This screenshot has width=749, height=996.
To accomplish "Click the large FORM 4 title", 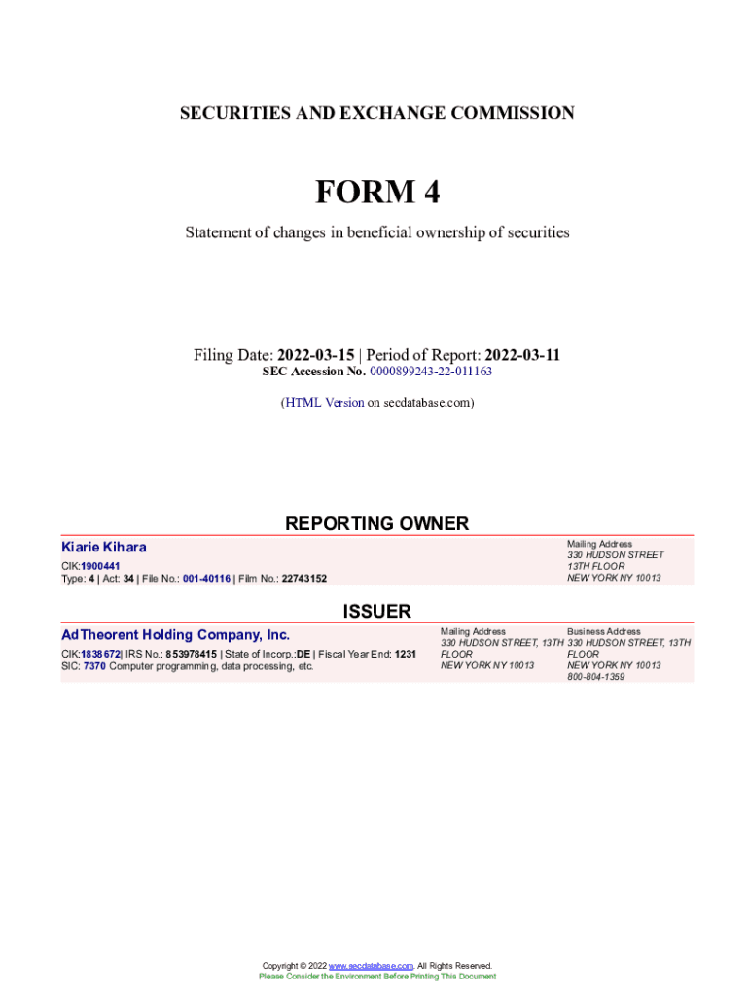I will coord(376,193).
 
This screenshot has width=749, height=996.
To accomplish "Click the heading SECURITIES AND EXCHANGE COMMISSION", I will coord(376,113).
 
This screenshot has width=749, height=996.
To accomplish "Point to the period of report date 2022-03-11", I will coord(522,355).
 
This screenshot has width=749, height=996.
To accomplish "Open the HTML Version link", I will coord(324,402).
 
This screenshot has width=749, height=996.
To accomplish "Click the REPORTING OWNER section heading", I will coord(376,523).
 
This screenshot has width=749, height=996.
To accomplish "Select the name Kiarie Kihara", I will coord(104,548).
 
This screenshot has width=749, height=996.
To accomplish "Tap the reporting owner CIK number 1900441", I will coord(100,566).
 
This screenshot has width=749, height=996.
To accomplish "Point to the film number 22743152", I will coord(304,579).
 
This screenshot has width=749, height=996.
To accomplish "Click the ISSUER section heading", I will coord(376,611).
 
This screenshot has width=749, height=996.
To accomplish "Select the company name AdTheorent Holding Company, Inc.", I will coord(175,635).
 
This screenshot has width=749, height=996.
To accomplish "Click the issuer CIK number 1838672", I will coord(100,654).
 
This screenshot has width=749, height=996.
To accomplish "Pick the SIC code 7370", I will coord(94,666).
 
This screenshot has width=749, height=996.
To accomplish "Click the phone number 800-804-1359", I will coord(595,677).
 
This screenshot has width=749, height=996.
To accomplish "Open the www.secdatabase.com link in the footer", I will coord(372,966).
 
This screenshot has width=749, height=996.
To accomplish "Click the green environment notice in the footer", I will coord(376,976).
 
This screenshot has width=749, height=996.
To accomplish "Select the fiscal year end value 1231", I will coord(405,654).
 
